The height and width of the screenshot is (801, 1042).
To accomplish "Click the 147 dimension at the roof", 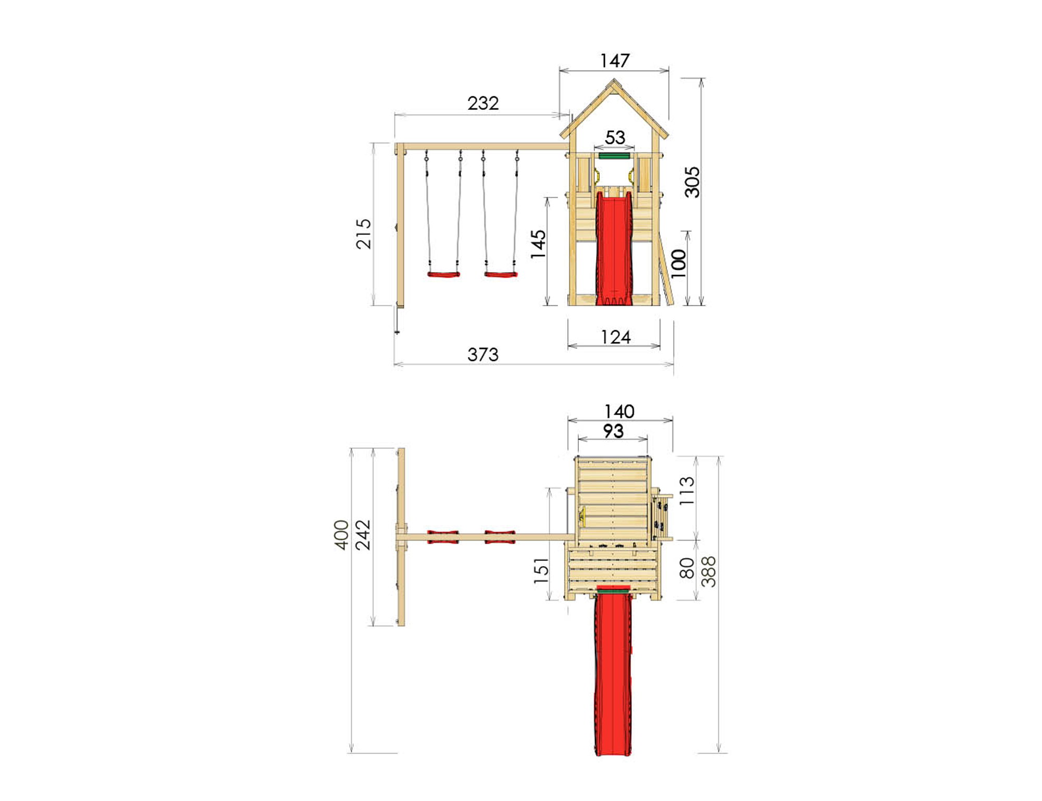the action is click(x=615, y=60).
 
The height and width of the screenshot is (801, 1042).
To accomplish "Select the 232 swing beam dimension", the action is click(x=483, y=103).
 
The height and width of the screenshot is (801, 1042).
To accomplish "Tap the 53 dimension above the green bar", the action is click(x=615, y=137).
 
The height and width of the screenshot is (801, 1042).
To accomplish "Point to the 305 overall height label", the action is click(x=692, y=182).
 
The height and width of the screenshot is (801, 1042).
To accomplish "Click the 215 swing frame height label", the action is click(x=364, y=234).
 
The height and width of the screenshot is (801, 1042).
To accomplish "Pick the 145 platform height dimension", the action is click(x=538, y=244).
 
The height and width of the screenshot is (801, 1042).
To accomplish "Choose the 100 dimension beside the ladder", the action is click(x=678, y=264).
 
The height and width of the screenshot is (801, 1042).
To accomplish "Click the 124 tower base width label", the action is click(x=615, y=337).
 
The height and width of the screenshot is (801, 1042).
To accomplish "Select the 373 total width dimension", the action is click(x=483, y=355).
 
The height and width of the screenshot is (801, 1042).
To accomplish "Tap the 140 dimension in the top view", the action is click(x=619, y=412).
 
